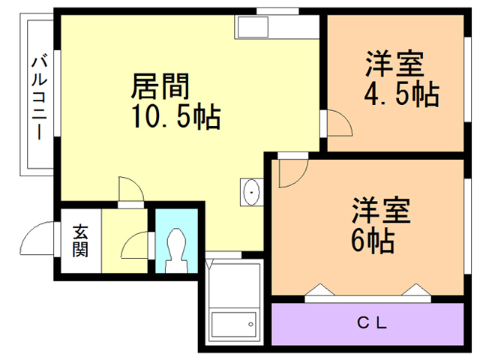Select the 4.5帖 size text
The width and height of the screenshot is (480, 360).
tap(400, 95)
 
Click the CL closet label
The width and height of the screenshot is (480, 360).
tap(370, 324)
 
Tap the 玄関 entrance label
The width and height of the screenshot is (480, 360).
tap(79, 241)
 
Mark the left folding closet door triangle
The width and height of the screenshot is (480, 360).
tap(319, 290)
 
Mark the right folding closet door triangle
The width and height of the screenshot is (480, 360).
tap(415, 290)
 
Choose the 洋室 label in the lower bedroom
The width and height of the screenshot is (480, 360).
tap(382, 211)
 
